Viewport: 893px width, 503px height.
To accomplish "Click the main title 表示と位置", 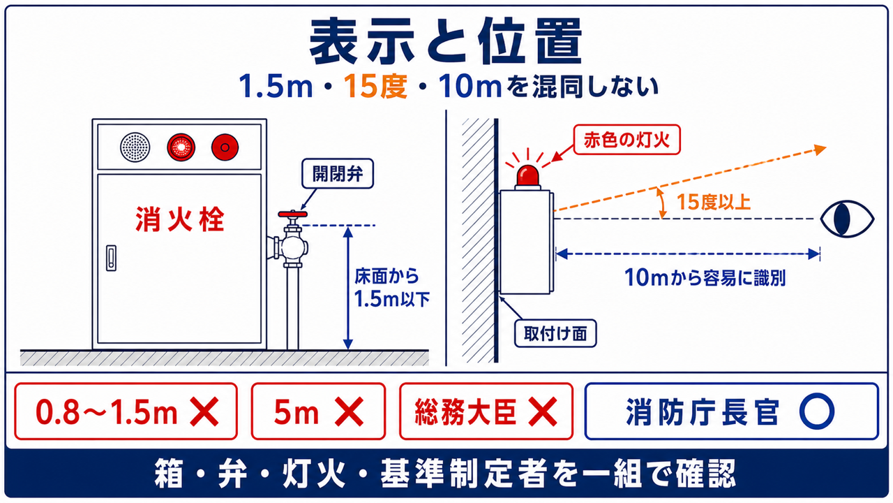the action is (446, 41).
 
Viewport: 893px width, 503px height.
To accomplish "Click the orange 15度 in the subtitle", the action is (375, 86).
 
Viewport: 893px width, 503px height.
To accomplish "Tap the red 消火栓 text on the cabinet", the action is (180, 219).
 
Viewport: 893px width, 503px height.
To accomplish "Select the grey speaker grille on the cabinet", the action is (135, 147).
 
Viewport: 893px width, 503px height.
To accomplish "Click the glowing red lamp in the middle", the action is (181, 147).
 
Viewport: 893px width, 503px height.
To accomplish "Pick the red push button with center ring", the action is (225, 147).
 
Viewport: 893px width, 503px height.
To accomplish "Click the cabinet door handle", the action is (111, 258).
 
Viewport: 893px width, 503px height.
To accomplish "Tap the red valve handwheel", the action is (292, 214).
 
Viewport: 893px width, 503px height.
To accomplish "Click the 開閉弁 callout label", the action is (338, 174).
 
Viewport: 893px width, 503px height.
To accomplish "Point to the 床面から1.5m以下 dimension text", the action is (391, 287).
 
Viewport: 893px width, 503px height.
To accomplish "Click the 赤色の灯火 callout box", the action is (626, 140).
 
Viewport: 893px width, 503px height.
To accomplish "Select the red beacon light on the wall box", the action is (528, 177).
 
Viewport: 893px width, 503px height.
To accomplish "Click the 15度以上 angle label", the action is (714, 202).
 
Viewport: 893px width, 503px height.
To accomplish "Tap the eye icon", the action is (847, 219).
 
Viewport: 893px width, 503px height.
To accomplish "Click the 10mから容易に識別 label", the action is (705, 278).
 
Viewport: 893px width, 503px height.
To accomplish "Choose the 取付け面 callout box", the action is (555, 333).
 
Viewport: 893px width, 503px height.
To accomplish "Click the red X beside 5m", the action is (349, 411).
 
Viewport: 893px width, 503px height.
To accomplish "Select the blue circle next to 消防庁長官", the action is (817, 411).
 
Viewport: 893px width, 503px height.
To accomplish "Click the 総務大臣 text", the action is (465, 411).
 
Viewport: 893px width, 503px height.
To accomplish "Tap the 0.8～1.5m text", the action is (107, 412).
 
